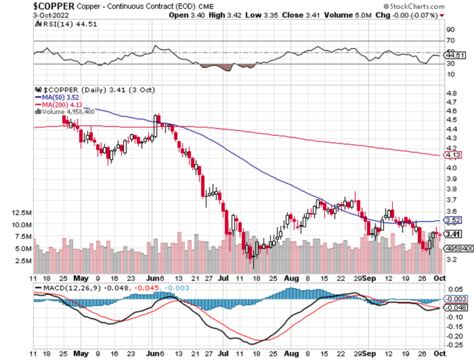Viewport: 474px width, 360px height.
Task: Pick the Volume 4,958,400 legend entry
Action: click(x=65, y=112)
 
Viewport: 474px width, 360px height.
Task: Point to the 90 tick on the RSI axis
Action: click(x=451, y=29)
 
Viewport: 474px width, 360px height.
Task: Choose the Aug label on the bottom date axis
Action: click(x=288, y=278)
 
